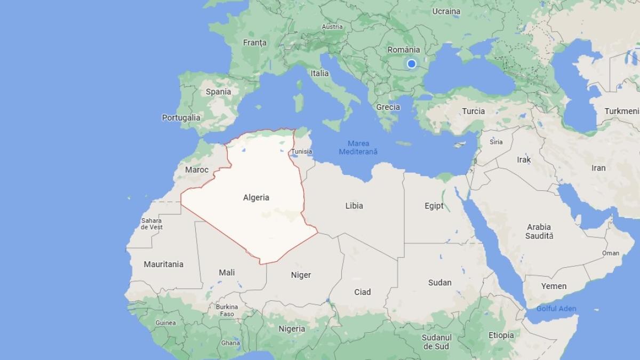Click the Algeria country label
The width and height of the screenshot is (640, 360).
click(256, 197)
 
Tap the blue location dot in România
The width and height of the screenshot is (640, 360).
click(411, 64)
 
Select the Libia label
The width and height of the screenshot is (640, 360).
click(354, 206)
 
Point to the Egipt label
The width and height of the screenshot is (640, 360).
click(434, 206)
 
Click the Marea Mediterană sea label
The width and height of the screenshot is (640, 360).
click(358, 148)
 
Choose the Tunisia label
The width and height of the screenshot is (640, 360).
click(301, 151)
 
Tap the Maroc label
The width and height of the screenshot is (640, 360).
click(196, 170)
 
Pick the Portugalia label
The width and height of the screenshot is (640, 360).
click(181, 117)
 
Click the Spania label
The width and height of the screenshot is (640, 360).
click(218, 91)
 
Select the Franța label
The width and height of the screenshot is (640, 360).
click(254, 42)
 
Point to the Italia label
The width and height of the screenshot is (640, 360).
click(320, 73)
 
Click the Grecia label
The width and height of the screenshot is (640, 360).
click(388, 107)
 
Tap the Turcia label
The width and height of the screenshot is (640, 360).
click(474, 111)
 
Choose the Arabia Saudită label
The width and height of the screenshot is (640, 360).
click(539, 231)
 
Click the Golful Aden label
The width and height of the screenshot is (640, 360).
click(556, 309)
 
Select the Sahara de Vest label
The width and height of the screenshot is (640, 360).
click(151, 224)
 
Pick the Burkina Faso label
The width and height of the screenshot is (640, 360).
click(227, 310)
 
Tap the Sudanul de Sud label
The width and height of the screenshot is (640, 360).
click(436, 342)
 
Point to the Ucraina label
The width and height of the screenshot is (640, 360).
click(446, 11)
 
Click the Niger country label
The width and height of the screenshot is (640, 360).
click(301, 275)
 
